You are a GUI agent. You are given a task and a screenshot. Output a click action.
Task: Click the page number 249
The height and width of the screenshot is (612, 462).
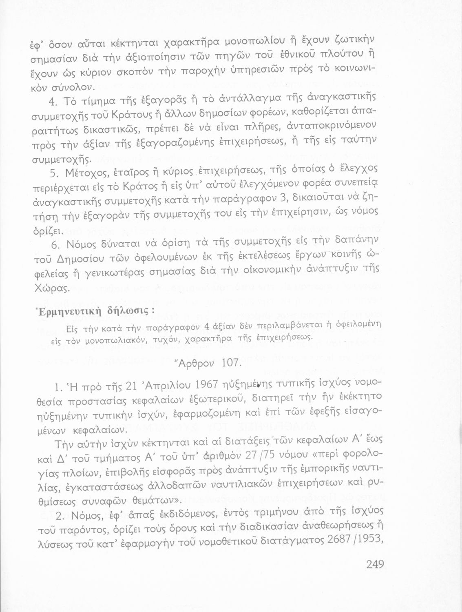pyautogui.click(x=375, y=564)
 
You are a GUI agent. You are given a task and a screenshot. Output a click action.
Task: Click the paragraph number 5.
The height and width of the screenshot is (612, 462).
pyautogui.click(x=57, y=173)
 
